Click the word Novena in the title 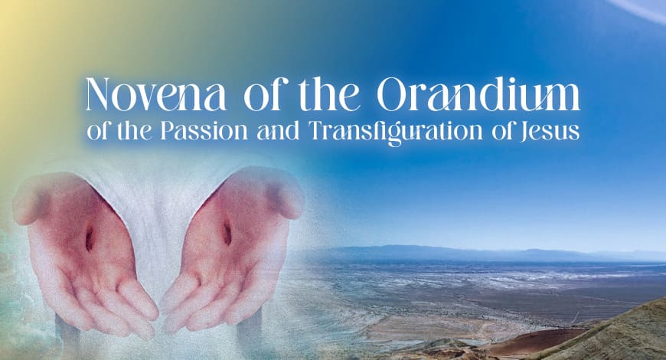155,94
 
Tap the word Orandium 478,94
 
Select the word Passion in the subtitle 204,131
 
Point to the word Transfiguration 397,133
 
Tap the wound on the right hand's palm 227,232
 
